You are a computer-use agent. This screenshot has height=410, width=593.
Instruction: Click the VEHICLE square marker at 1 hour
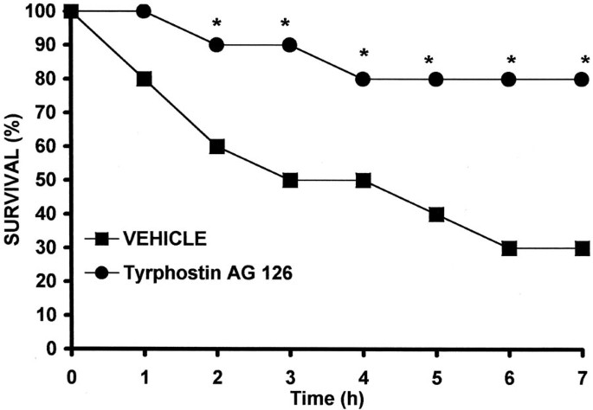tap(144, 79)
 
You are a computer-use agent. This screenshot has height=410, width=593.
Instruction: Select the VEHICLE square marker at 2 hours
tap(217, 146)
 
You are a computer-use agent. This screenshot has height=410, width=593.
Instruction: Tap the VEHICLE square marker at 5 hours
tap(436, 215)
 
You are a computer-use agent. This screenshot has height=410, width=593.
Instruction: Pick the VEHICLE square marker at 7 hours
tap(582, 248)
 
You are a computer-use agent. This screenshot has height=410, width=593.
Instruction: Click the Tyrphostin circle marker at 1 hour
tap(144, 11)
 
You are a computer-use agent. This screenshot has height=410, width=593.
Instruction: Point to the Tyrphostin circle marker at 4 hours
tap(364, 79)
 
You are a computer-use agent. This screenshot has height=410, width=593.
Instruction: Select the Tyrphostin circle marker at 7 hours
tap(582, 79)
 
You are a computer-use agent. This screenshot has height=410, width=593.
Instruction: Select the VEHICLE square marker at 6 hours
tap(509, 248)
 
